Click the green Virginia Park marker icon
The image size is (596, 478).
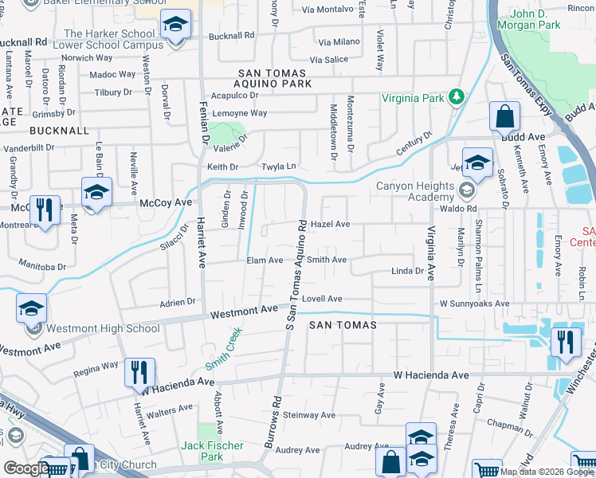pyautogui.click(x=456, y=96)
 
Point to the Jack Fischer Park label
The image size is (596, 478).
pyautogui.click(x=211, y=451)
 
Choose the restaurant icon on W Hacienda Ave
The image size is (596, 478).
pyautogui.click(x=139, y=372)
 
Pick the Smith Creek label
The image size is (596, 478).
pyautogui.click(x=223, y=351)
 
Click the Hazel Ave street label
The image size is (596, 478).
pyautogui.click(x=330, y=225)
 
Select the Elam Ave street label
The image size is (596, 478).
pyautogui.click(x=265, y=261)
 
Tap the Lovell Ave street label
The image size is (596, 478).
pyautogui.click(x=323, y=299)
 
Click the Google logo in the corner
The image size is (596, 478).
pyautogui.click(x=25, y=468)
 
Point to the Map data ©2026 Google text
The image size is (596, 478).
pyautogui.click(x=537, y=472)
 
